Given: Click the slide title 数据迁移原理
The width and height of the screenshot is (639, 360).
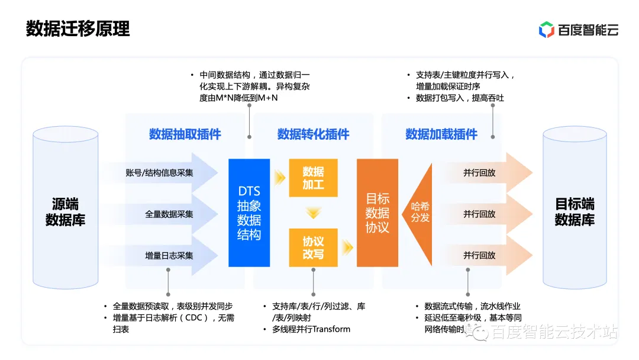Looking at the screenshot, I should [x=78, y=28].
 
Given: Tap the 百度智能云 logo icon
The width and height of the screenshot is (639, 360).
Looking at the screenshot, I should [x=546, y=30].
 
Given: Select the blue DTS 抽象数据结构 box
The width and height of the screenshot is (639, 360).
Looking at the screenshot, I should [x=249, y=213].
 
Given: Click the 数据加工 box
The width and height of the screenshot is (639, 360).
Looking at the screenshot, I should [x=313, y=178].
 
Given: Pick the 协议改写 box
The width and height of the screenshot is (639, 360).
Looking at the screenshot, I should [x=313, y=247].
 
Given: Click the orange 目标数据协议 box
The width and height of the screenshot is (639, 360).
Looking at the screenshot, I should [x=377, y=213].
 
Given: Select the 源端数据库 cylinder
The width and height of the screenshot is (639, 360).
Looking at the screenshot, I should [x=65, y=212].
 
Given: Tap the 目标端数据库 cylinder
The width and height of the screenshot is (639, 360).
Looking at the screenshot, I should [x=575, y=212].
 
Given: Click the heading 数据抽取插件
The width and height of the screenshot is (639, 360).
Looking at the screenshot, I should [x=185, y=134].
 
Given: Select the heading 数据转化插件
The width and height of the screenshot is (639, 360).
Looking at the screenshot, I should [x=313, y=134].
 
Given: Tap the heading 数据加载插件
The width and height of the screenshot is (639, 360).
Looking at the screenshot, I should [x=441, y=134].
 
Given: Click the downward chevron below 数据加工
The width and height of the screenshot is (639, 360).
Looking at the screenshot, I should [x=313, y=213].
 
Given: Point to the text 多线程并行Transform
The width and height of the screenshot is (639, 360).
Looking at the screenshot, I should [x=311, y=329].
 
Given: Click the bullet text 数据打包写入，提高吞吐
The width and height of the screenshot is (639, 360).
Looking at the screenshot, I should [x=460, y=98].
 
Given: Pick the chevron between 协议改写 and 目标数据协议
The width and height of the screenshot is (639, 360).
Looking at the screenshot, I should [x=347, y=247].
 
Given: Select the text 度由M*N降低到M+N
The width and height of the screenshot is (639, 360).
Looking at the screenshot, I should [x=238, y=98].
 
